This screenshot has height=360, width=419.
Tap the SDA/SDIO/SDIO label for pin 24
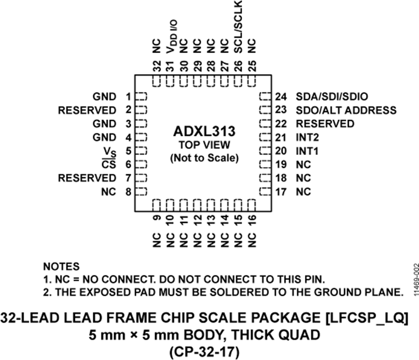tap(332, 97)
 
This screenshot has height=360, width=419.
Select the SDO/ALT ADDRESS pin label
tap(346, 110)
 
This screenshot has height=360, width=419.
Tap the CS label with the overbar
tap(109, 164)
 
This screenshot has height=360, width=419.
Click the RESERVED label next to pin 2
tap(87, 110)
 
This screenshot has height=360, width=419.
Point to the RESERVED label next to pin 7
tap(87, 178)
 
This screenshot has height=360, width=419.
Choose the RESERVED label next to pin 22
tap(325, 124)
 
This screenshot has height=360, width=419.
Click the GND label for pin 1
tap(104, 97)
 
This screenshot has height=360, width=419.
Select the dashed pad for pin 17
tap(265, 191)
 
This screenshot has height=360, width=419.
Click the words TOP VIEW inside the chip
tap(204, 145)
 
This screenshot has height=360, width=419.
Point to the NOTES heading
tap(61, 267)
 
